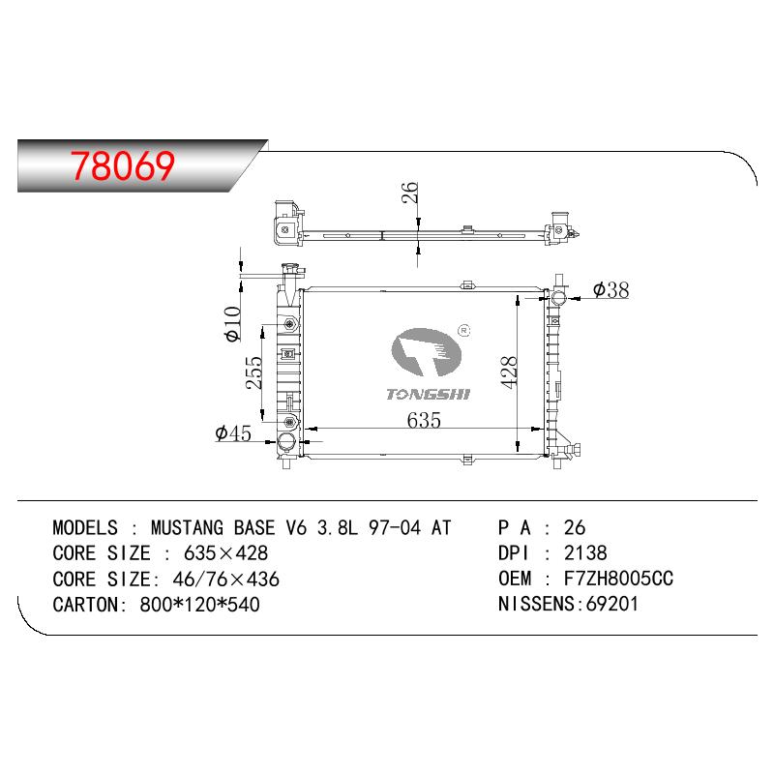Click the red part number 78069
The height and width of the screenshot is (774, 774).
[x=123, y=165]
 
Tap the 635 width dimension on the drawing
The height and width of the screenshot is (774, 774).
[x=424, y=420]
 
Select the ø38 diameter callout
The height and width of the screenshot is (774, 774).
[x=611, y=289]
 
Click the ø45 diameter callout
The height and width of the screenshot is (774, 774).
[x=233, y=432]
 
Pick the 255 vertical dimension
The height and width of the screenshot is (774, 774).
[x=254, y=372]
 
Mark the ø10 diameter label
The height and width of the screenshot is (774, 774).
[x=232, y=323]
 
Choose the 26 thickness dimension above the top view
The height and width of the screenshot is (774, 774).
[x=409, y=193]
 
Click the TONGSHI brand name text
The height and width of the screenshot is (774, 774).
[x=428, y=394]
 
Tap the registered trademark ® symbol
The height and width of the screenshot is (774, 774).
[x=464, y=330]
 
